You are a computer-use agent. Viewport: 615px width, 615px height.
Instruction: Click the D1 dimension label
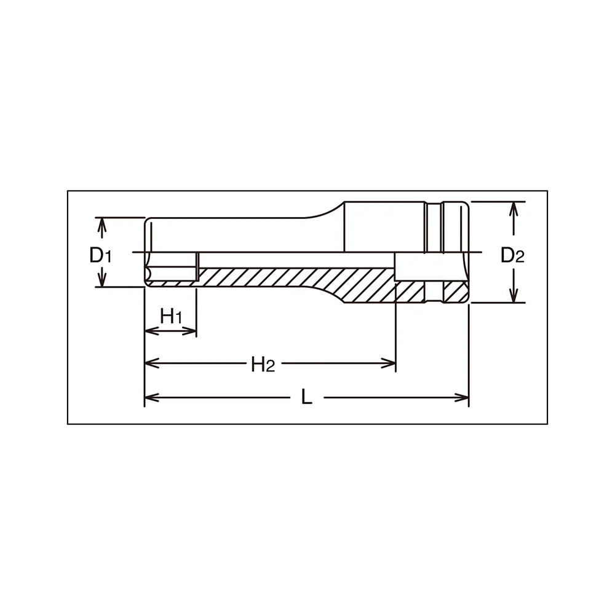(100, 256)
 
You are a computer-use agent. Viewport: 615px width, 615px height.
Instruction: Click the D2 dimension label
(512, 256)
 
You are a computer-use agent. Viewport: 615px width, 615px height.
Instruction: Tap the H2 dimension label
(263, 364)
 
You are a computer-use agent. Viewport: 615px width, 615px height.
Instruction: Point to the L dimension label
(307, 397)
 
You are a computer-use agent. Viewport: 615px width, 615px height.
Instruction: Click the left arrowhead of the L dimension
(151, 397)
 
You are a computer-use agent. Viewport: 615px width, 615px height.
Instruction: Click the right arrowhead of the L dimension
(462, 397)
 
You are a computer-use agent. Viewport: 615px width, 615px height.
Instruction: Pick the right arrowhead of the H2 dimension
(388, 363)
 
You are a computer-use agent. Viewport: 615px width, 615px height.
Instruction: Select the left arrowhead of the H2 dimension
(151, 363)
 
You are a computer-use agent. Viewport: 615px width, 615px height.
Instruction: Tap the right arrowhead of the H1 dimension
(190, 331)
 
